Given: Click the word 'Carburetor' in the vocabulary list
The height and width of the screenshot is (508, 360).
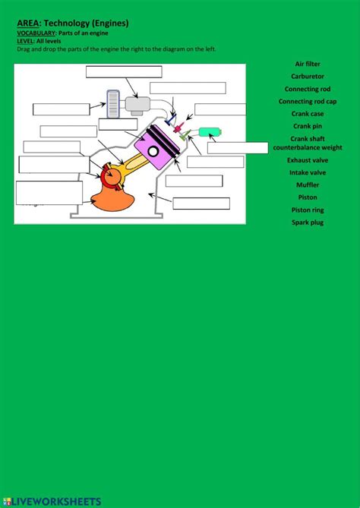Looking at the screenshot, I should pos(308,77).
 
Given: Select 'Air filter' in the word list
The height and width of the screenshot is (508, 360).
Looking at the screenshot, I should pos(308,65).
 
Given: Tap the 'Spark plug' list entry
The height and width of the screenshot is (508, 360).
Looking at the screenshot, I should pos(308,222).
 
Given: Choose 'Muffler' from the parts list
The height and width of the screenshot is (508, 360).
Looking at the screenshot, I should pos(308,185).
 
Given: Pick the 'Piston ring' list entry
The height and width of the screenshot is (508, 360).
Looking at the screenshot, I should pos(308,210).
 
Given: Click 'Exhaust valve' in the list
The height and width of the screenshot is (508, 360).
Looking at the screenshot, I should pos(308,160).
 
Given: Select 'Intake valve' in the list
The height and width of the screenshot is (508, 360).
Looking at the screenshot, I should pos(308,172).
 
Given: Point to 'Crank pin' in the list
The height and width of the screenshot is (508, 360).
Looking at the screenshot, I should pos(308,126).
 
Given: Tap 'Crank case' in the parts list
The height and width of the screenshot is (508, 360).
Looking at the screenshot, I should pos(308,114).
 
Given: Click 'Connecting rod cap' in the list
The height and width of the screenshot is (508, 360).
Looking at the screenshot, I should pos(308,101).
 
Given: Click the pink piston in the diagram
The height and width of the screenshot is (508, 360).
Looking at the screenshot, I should pos(156,149).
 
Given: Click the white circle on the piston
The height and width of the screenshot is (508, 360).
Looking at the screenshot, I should pos(153,151).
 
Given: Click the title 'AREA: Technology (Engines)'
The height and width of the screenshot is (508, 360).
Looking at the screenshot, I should pos(73,24).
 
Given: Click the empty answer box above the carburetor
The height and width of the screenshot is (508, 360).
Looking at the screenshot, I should pos(124,72).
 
